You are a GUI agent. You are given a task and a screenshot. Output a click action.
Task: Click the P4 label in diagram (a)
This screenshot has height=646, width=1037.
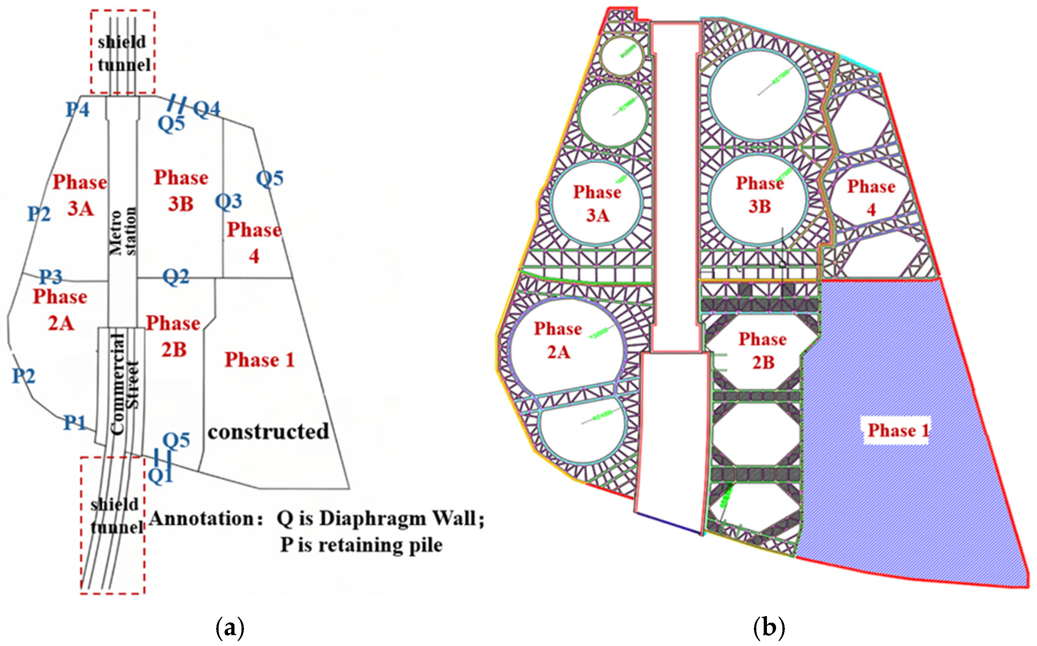(x=77, y=110)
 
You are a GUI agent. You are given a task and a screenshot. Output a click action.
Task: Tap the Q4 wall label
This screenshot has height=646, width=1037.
(x=207, y=109)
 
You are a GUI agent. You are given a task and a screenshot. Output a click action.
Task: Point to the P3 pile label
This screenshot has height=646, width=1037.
(x=51, y=277)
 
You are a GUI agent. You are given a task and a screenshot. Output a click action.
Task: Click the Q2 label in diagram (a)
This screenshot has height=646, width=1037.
(x=176, y=277)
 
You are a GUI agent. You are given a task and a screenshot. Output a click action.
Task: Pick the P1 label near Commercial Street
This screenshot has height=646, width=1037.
(x=75, y=423)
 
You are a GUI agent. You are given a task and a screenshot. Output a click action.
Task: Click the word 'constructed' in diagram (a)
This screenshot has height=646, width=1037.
(x=268, y=431)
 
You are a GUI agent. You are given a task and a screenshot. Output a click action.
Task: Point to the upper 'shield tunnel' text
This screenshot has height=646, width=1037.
(x=123, y=54)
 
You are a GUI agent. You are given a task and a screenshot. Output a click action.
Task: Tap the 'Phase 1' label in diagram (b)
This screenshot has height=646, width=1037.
(x=898, y=430)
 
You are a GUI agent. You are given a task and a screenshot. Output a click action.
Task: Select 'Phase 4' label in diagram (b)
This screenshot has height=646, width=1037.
(x=871, y=198)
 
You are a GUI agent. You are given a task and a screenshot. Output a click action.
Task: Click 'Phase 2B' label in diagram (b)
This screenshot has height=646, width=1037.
(x=763, y=351)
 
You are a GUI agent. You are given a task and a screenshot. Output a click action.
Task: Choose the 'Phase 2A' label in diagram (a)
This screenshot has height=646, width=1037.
(x=60, y=310)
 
